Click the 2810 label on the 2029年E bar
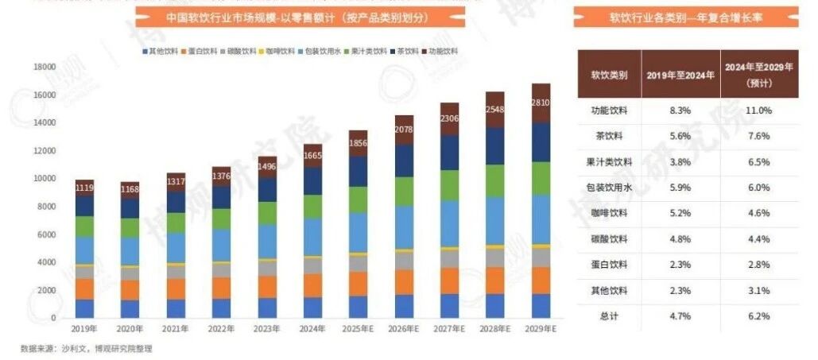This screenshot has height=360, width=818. [541, 103]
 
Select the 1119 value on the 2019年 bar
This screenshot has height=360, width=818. [85, 188]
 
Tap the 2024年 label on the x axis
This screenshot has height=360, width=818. [312, 327]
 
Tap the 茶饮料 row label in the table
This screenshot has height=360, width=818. [609, 137]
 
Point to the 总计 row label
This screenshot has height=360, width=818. [609, 316]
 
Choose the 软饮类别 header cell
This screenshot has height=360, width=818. [609, 75]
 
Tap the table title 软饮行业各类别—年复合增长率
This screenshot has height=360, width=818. [685, 17]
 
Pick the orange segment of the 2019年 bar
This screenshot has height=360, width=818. [85, 288]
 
